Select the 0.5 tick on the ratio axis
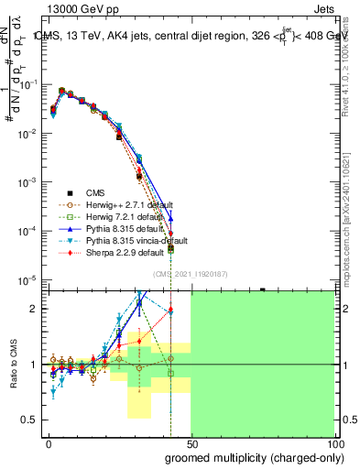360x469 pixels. point(34,420)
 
